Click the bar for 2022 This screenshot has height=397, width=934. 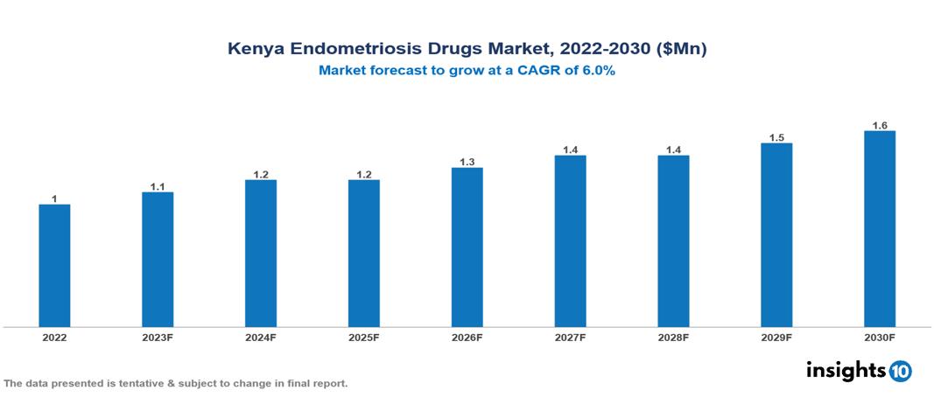coord(54,266)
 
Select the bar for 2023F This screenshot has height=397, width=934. coord(158,260)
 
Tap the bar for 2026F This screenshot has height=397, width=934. coord(467,247)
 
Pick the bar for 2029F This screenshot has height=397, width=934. coord(776,235)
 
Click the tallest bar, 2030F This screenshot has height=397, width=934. coord(879,229)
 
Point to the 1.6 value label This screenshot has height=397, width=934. coord(880,125)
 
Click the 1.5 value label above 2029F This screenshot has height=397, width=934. coord(776,137)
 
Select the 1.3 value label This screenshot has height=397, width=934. coord(467,162)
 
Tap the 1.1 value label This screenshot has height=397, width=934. coord(158,186)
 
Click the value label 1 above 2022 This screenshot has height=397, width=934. coord(54,198)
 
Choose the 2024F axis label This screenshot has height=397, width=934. coord(261,337)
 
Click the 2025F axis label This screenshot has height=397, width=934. coord(364,337)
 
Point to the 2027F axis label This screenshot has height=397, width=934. coord(570,337)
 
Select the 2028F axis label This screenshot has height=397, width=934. coord(673,337)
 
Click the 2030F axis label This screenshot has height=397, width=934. coord(879,337)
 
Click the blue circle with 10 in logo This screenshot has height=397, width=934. coord(900,371)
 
